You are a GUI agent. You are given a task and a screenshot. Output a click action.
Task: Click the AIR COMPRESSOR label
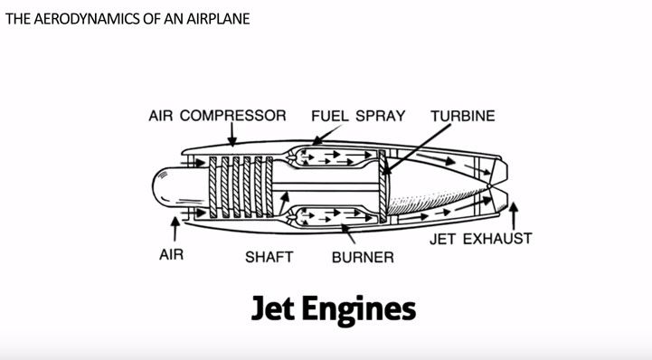[x=217, y=116]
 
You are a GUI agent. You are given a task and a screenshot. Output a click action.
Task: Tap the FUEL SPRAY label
[x=357, y=116]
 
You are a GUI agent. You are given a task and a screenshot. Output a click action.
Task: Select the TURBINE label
[x=463, y=116]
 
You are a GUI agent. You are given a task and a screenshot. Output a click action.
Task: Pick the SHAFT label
[x=269, y=257]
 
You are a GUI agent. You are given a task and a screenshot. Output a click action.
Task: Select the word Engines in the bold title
[x=364, y=310]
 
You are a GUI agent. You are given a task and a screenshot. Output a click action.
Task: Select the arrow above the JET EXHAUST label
[x=515, y=214]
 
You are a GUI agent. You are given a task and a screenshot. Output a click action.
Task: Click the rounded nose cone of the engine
[x=168, y=187]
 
